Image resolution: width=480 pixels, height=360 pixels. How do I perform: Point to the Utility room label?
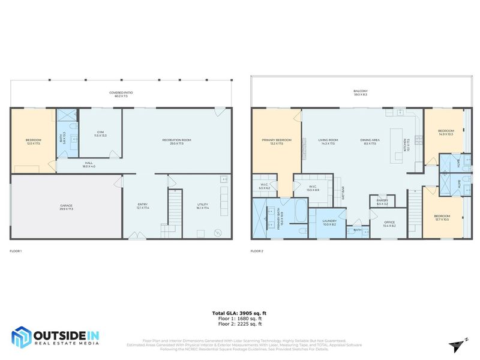tap(202, 206)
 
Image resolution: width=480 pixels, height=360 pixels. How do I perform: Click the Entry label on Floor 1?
tap(142, 206)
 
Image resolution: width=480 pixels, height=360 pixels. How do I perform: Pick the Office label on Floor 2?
tap(389, 224)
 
